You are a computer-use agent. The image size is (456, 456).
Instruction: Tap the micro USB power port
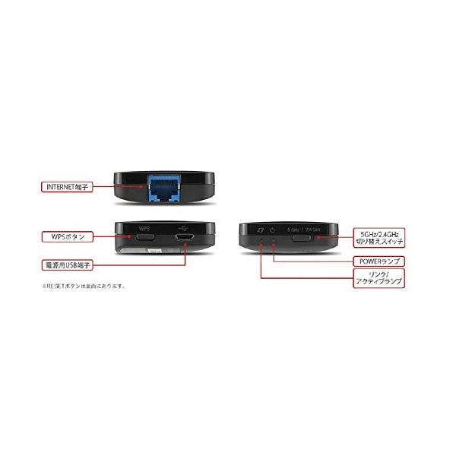185,239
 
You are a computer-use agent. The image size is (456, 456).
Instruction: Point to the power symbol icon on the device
274,230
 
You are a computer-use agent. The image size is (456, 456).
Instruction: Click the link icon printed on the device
260,230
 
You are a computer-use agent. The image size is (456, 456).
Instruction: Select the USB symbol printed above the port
185,227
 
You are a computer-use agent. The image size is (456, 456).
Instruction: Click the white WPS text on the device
145,228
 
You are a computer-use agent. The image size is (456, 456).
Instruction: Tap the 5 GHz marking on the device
293,230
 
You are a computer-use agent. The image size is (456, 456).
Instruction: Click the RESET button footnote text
84,287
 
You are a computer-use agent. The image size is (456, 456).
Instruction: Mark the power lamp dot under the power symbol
274,240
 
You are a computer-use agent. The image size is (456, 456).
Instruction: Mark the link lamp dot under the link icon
261,240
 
